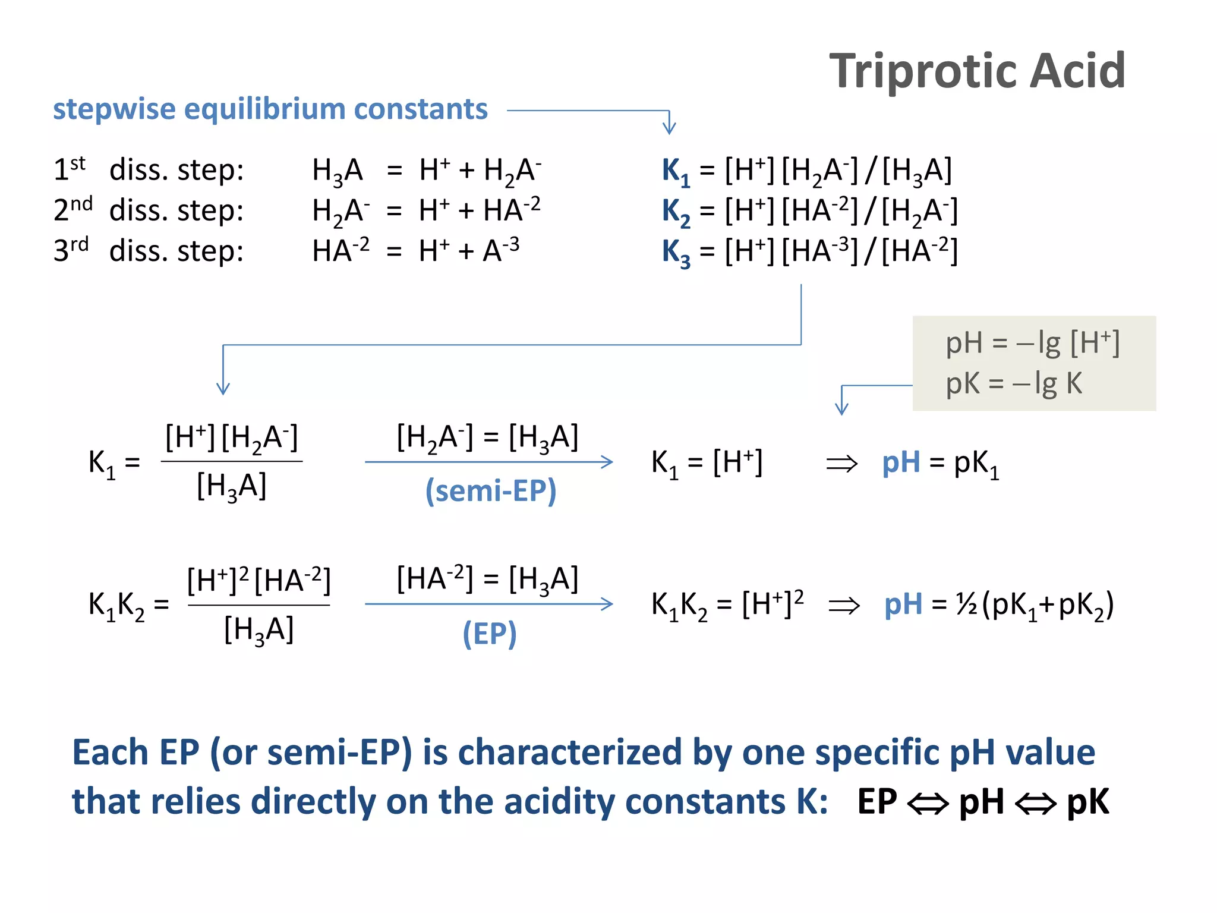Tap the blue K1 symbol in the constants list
point(676,171)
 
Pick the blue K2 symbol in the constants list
point(676,212)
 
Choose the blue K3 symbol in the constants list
point(676,252)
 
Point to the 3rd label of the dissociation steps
point(71,250)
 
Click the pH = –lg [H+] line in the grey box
point(1032,343)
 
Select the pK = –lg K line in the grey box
point(1014,383)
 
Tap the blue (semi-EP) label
point(491,491)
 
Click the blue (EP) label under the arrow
point(490,634)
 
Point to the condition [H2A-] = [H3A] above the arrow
point(487,438)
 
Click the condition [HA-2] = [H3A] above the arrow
point(487,580)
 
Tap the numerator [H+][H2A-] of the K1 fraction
point(231,439)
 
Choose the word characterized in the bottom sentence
point(569,753)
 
